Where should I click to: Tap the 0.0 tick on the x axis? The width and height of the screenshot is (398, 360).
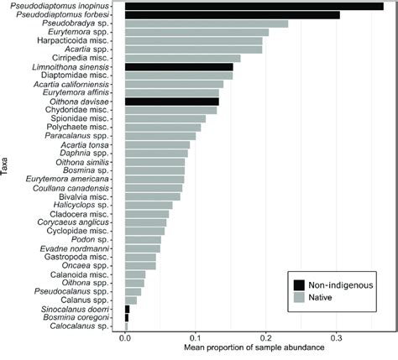pos(125,337)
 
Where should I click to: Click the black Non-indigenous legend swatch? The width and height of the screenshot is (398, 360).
pos(299,284)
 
